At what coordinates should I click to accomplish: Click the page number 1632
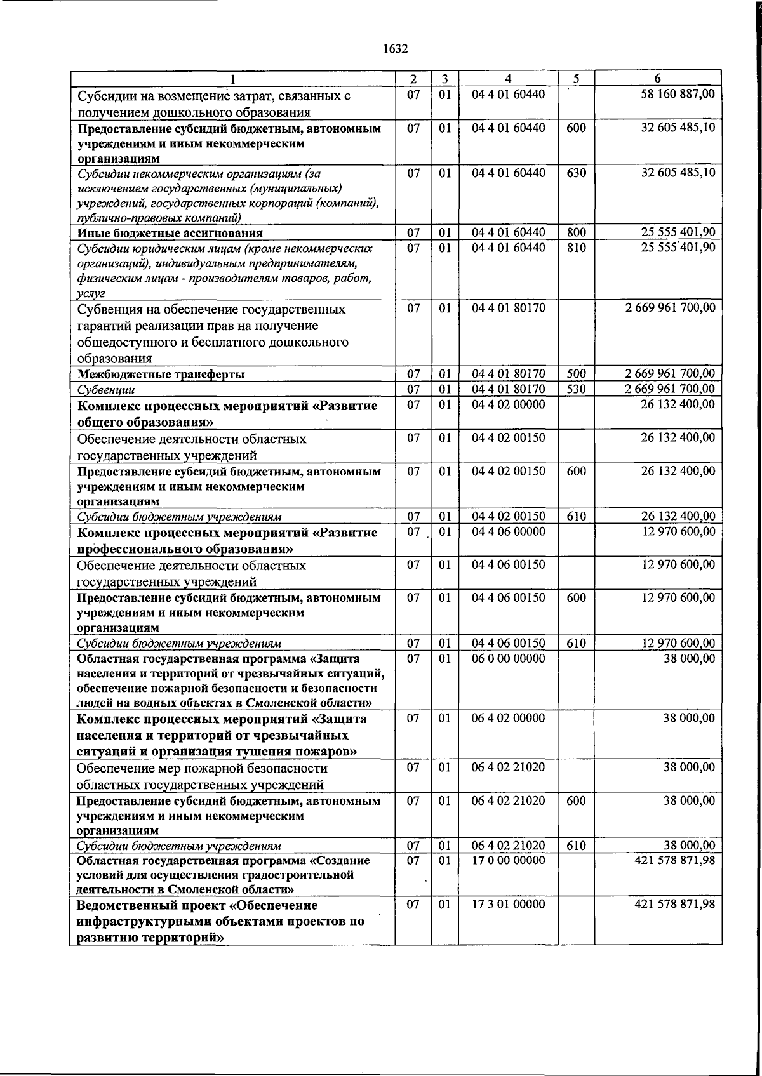pos(396,49)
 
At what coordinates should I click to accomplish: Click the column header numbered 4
pos(508,79)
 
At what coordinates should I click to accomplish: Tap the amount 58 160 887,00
pos(678,95)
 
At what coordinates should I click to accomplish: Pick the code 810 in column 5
pos(576,248)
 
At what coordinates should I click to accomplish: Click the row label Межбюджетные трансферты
pos(161,374)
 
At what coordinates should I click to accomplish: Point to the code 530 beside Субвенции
pos(576,389)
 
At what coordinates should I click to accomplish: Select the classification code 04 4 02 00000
pos(508,404)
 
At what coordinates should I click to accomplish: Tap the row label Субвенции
pos(105,390)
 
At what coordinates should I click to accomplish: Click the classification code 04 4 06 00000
pos(508,531)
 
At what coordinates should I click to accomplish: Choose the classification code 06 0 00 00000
pos(508,658)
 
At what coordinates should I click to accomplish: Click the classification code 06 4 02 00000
pos(508,718)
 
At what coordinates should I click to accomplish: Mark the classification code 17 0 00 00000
pos(508,860)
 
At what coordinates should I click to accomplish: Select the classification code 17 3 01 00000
pos(508,904)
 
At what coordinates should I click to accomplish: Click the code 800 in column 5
pos(576,232)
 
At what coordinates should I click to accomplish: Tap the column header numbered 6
pos(657,79)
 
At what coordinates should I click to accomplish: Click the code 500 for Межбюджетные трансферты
pos(576,374)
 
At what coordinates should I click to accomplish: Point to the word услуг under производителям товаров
pos(91,293)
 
